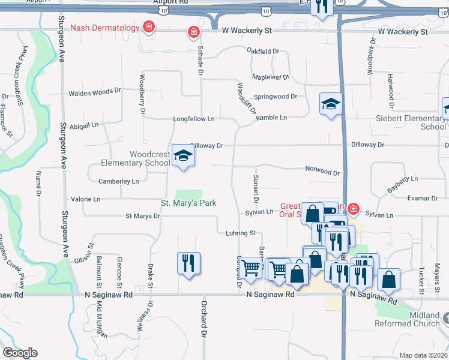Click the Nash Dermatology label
[x=104, y=28]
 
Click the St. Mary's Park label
[x=188, y=203]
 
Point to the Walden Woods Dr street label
[x=95, y=93]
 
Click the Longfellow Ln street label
[x=193, y=119]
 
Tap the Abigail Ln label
[x=84, y=125]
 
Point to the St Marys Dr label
[x=142, y=216]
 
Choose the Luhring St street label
[x=241, y=233]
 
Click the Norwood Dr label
[x=322, y=171]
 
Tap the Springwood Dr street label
[x=276, y=97]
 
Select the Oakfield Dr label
[x=264, y=52]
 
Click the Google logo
[x=20, y=353]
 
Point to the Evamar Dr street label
[x=422, y=198]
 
